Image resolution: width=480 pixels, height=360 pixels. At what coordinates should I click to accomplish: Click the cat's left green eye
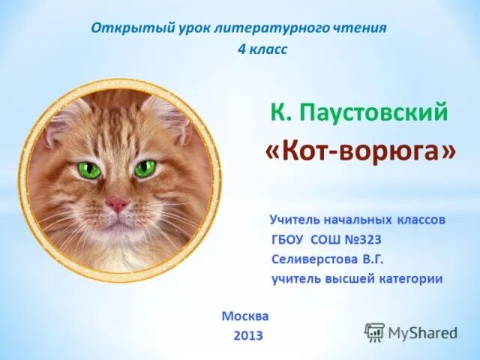coord(89,169)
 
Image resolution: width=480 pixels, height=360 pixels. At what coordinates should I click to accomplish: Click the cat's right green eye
coord(145,168)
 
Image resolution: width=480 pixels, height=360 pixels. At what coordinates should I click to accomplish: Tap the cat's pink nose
coord(115,204)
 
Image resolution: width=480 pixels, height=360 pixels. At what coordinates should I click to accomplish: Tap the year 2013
coord(247,335)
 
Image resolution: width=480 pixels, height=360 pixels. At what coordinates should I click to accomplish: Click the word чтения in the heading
coord(361,28)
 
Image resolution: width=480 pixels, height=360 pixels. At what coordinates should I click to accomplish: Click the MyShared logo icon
coord(374,331)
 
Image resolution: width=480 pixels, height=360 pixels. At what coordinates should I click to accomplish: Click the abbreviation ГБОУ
coord(289,239)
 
